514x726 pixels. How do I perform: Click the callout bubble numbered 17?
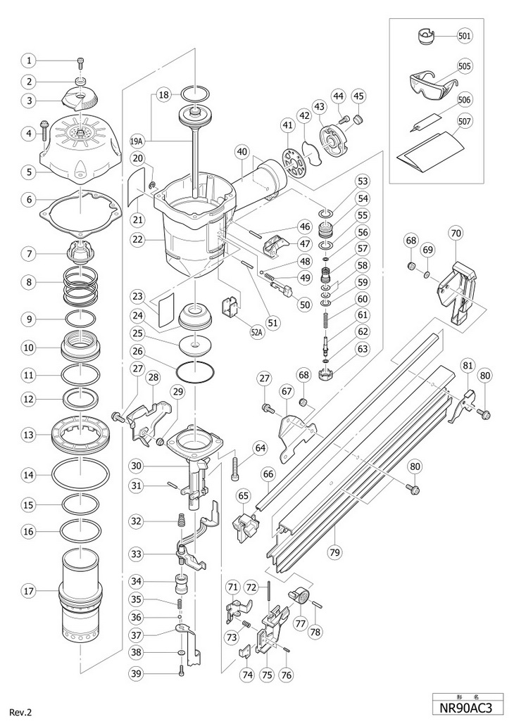[28, 591]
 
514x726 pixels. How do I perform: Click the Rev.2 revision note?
[20, 712]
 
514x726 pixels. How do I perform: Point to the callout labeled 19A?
[137, 140]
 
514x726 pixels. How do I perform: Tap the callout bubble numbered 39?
[137, 673]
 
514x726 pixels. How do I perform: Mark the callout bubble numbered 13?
[28, 435]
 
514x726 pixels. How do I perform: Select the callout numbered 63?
[363, 348]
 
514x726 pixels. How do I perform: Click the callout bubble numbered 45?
[359, 96]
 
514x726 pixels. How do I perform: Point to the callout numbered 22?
[137, 240]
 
